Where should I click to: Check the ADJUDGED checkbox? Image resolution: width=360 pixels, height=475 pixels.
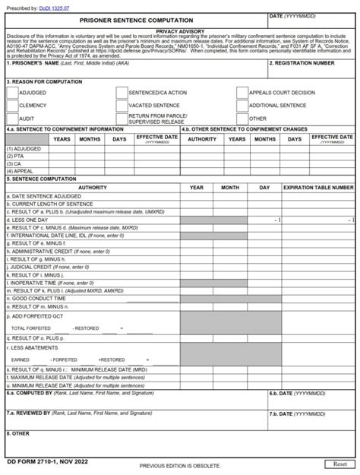click(x=12, y=93)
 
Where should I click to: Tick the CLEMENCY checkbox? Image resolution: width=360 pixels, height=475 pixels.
click(x=12, y=106)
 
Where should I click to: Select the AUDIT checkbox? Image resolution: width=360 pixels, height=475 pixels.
click(x=12, y=119)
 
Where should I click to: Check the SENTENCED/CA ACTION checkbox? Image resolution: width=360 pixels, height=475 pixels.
click(x=122, y=93)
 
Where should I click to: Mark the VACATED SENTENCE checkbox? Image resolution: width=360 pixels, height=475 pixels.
click(x=122, y=106)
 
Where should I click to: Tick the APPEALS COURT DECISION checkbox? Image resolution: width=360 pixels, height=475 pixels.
click(x=242, y=93)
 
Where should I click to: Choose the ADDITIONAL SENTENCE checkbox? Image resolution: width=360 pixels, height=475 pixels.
click(x=242, y=106)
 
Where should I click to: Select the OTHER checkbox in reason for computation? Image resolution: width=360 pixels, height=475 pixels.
click(x=242, y=119)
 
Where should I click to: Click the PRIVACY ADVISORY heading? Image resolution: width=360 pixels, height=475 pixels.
click(x=180, y=31)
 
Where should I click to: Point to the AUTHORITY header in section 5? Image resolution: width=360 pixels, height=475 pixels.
click(x=92, y=187)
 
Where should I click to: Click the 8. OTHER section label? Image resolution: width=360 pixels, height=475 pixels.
click(x=19, y=434)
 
